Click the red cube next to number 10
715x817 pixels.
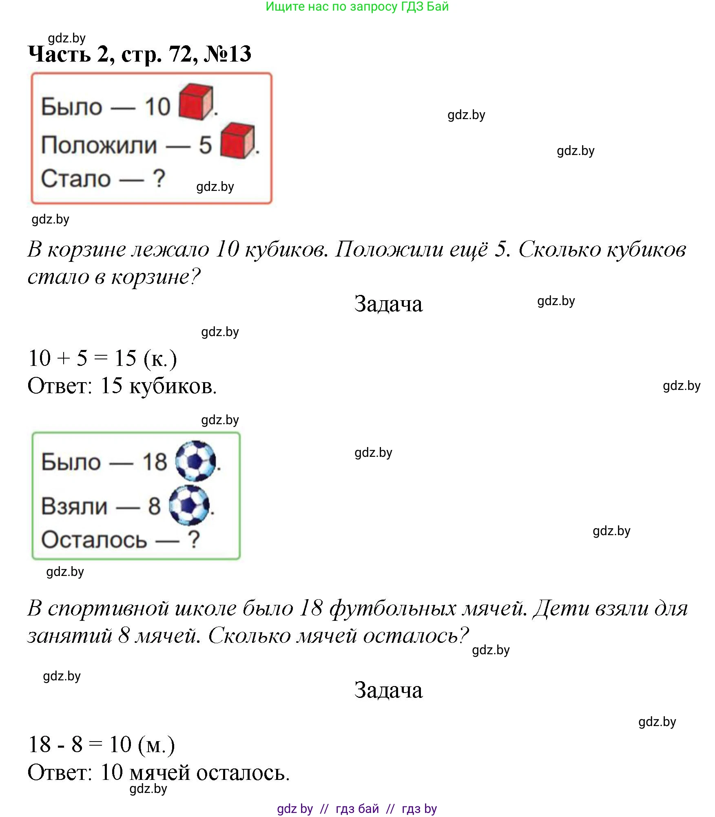(x=196, y=102)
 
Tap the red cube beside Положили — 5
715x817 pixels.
(x=237, y=140)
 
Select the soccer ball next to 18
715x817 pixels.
(x=195, y=461)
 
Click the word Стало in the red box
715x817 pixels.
(x=76, y=179)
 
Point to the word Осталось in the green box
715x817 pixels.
(x=94, y=540)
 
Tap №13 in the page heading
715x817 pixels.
(x=227, y=53)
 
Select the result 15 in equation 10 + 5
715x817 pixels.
(x=125, y=358)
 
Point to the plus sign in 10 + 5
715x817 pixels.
(x=64, y=359)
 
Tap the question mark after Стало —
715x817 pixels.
(x=159, y=179)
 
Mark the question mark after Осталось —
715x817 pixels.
(x=193, y=540)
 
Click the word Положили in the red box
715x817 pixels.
(x=99, y=145)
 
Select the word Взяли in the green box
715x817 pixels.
(x=74, y=506)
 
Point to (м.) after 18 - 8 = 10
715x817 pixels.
(x=156, y=745)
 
